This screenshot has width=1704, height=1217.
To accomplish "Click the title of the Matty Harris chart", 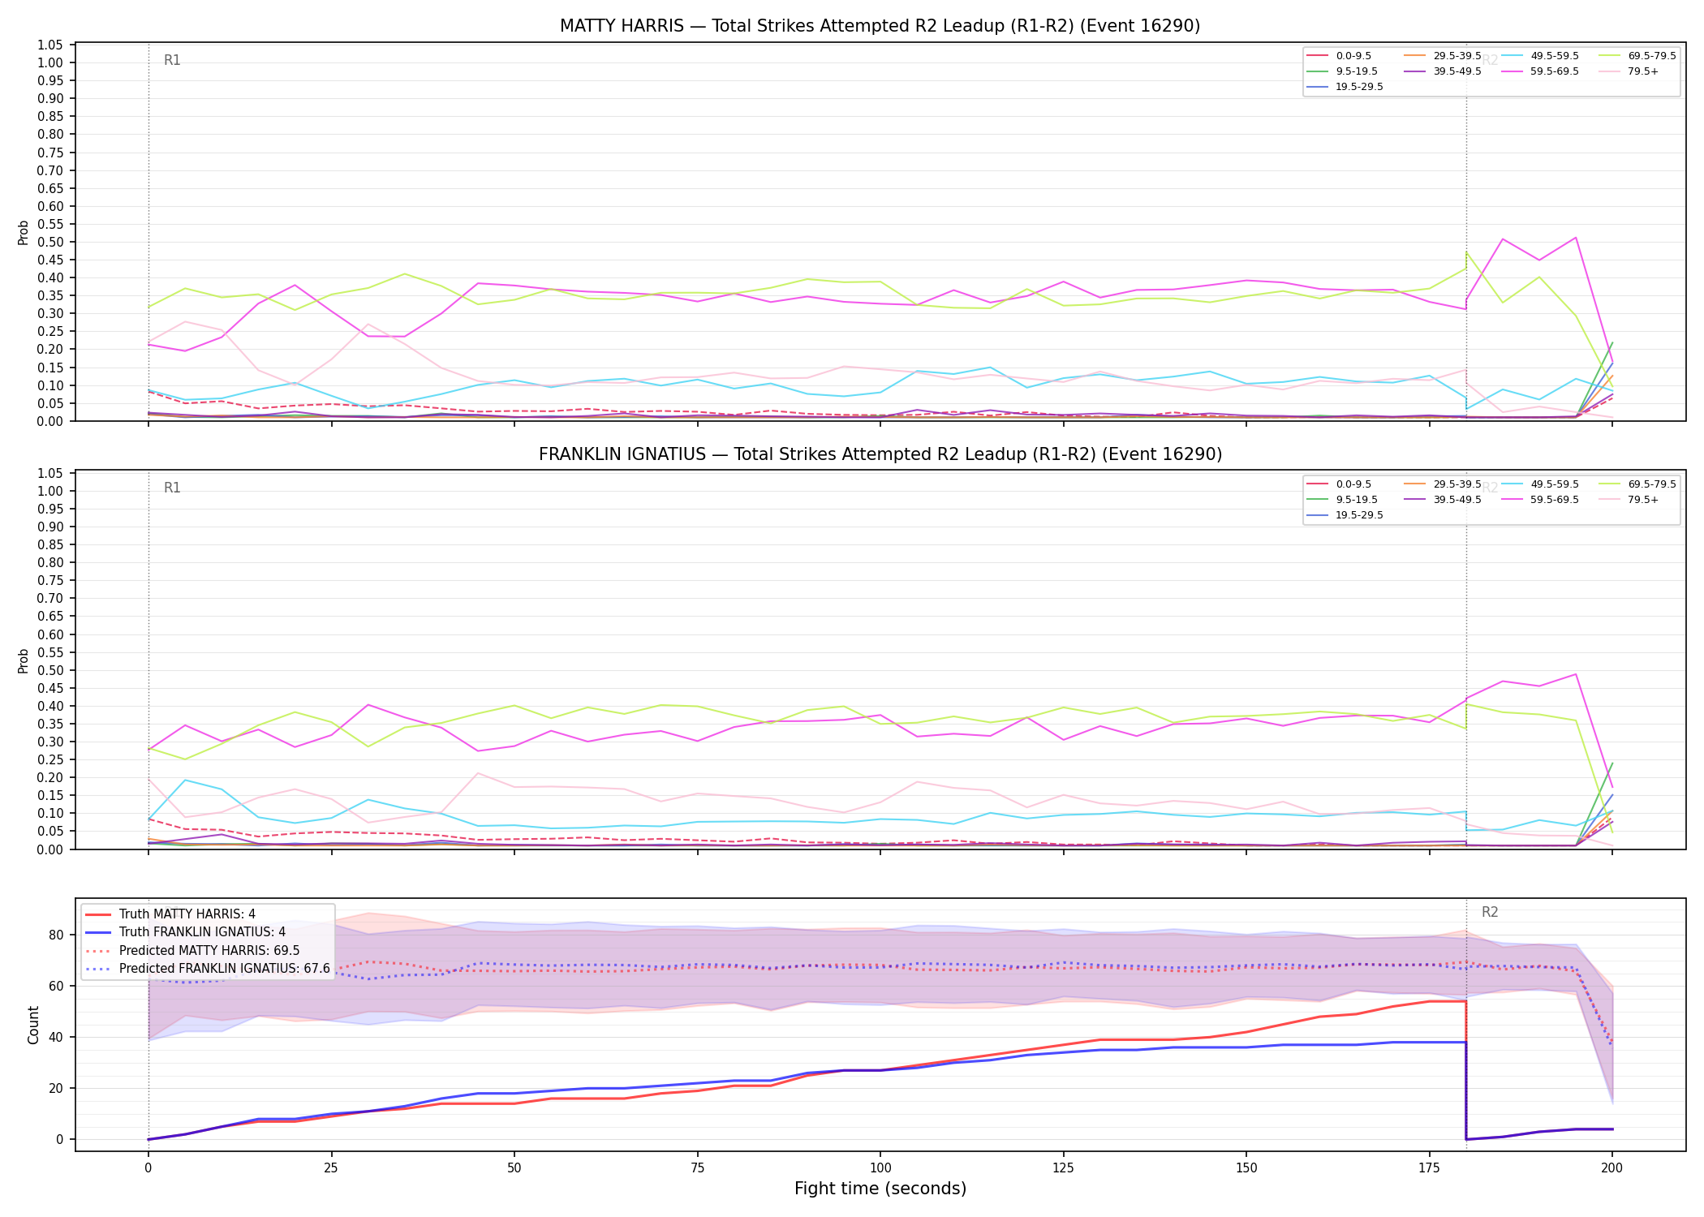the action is point(880,26).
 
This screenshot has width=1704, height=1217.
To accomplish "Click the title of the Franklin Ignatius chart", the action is point(880,454).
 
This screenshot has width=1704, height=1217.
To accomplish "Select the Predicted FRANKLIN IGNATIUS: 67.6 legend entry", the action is point(207,969).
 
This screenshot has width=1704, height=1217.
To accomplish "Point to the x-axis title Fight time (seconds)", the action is point(880,1189).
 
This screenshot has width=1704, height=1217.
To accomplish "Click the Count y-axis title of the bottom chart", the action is point(33,1025).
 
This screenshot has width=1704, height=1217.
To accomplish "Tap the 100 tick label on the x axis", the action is point(880,1168).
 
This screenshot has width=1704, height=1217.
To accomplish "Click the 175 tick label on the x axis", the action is point(1429,1168).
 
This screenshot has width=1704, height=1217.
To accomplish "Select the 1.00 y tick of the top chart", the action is point(50,62).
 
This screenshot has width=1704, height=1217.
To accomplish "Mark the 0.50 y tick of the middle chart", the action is point(50,670).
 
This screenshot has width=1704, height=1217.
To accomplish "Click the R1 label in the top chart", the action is point(172,60).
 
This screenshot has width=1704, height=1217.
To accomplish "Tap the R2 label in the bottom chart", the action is point(1490,912).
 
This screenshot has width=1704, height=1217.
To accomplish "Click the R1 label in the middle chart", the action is point(172,488).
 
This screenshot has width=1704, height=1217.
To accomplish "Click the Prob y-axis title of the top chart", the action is point(24,233).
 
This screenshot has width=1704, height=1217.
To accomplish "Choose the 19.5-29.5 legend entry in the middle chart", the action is point(1345,515).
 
